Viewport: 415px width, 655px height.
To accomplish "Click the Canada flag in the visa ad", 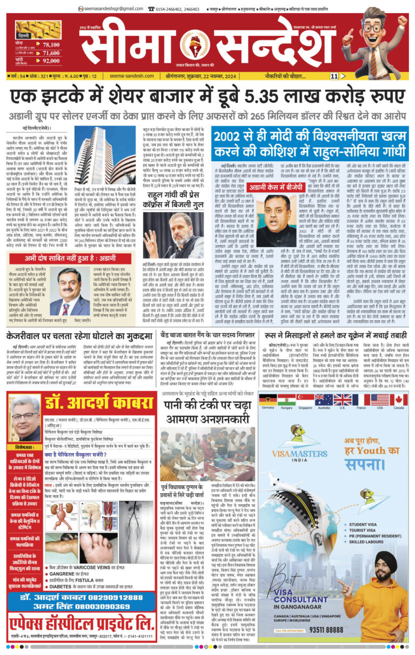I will [399, 400].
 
